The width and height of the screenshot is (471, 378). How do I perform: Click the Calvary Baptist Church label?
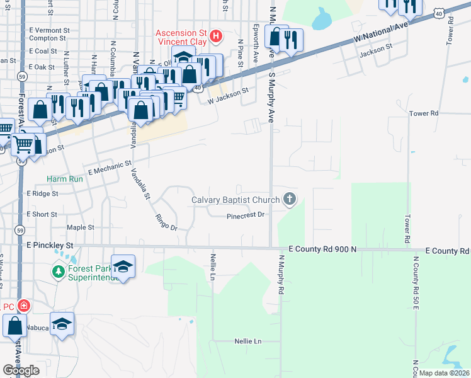(235, 200)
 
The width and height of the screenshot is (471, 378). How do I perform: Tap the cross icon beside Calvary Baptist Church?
(290, 200)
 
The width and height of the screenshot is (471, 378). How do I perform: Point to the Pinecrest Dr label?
(245, 215)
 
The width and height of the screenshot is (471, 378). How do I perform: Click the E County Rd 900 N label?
(322, 249)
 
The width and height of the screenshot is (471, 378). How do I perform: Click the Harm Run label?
(65, 179)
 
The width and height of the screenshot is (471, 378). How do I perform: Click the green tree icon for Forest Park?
(58, 272)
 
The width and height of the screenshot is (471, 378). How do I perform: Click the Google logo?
(21, 370)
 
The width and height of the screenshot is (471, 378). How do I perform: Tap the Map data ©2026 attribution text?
(444, 373)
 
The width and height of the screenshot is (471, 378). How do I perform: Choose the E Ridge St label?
(42, 194)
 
